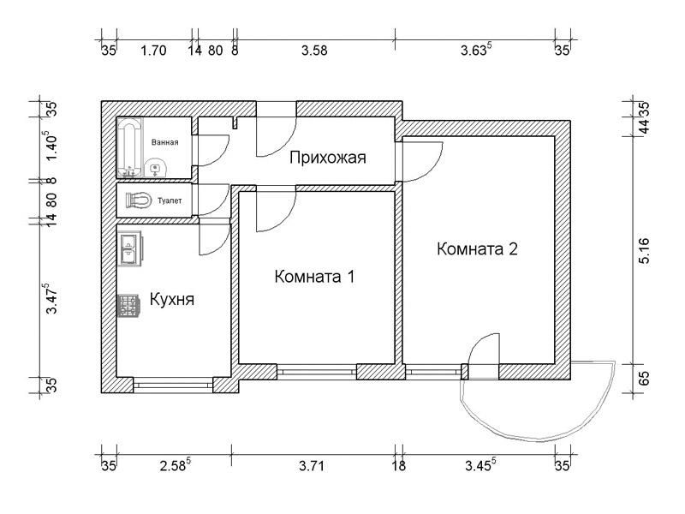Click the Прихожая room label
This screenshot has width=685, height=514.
[328, 158]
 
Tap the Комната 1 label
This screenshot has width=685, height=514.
[314, 277]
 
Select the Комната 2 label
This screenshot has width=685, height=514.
[477, 249]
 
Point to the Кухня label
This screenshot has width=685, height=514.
[172, 300]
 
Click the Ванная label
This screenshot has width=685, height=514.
[164, 142]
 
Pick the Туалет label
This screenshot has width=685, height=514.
[170, 200]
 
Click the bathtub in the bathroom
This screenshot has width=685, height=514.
[130, 147]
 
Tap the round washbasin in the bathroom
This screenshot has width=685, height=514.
[155, 168]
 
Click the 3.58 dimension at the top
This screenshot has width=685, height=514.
[314, 51]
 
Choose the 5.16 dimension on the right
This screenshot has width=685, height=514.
[644, 251]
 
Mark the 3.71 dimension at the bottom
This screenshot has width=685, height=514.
[312, 466]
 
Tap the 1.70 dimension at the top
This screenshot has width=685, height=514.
[154, 51]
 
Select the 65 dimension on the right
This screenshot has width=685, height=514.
[644, 378]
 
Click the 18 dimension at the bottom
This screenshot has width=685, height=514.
[398, 466]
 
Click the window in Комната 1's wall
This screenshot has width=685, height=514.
[317, 372]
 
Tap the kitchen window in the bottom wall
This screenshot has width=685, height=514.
[173, 385]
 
